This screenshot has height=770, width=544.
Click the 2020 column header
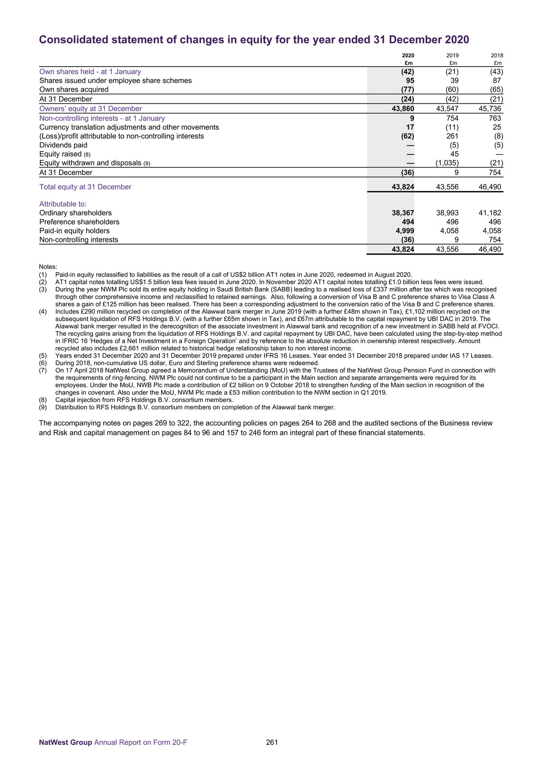(408, 55)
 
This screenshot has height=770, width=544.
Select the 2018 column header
(497, 55)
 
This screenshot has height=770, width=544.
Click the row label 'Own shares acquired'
(74, 90)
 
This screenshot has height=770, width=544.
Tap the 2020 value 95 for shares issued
(410, 80)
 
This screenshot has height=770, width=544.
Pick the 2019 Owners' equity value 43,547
(447, 109)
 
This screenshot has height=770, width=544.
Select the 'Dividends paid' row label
(63, 145)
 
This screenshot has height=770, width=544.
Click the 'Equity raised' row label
(60, 154)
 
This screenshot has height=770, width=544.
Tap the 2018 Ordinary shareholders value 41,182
(489, 213)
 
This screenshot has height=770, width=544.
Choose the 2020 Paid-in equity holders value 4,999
(405, 231)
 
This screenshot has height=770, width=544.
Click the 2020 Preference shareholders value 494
(407, 222)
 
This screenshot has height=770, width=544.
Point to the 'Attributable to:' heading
(63, 204)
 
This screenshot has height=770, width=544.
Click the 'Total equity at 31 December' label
(85, 187)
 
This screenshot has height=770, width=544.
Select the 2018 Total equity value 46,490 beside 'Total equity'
(489, 187)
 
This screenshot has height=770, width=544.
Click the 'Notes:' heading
(48, 267)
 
